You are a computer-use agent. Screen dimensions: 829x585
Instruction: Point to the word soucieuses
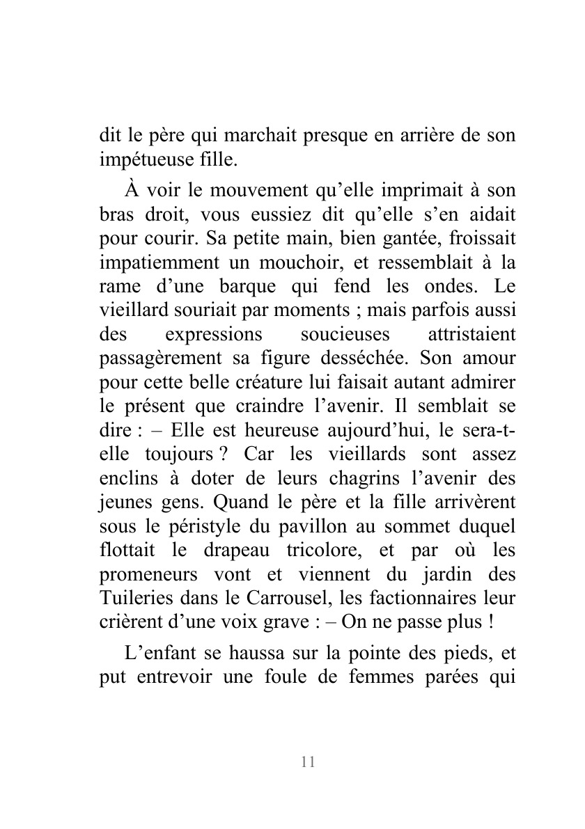[345, 335]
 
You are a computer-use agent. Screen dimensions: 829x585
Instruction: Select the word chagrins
[331, 479]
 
